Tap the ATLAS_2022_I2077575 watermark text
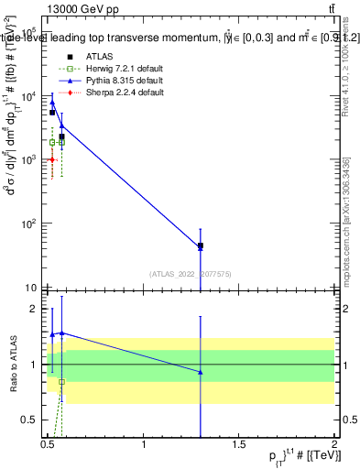coord(191,273)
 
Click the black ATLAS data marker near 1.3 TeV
coord(201,245)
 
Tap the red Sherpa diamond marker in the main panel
coord(52,159)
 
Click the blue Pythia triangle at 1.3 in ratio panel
coord(201,372)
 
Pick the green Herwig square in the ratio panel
coord(61,382)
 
